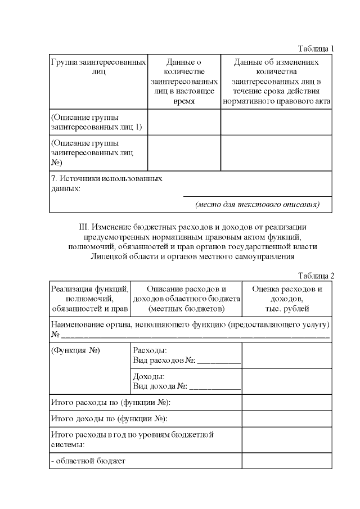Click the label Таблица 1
click(316, 48)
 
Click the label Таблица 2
click(316, 276)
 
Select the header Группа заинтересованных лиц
click(98, 66)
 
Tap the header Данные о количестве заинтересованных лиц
click(184, 82)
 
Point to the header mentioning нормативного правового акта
click(276, 102)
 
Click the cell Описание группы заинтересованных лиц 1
click(96, 123)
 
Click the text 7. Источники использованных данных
click(106, 183)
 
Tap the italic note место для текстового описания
click(257, 204)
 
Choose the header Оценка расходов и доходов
click(287, 299)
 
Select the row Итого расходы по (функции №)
click(110, 403)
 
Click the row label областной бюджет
click(88, 461)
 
